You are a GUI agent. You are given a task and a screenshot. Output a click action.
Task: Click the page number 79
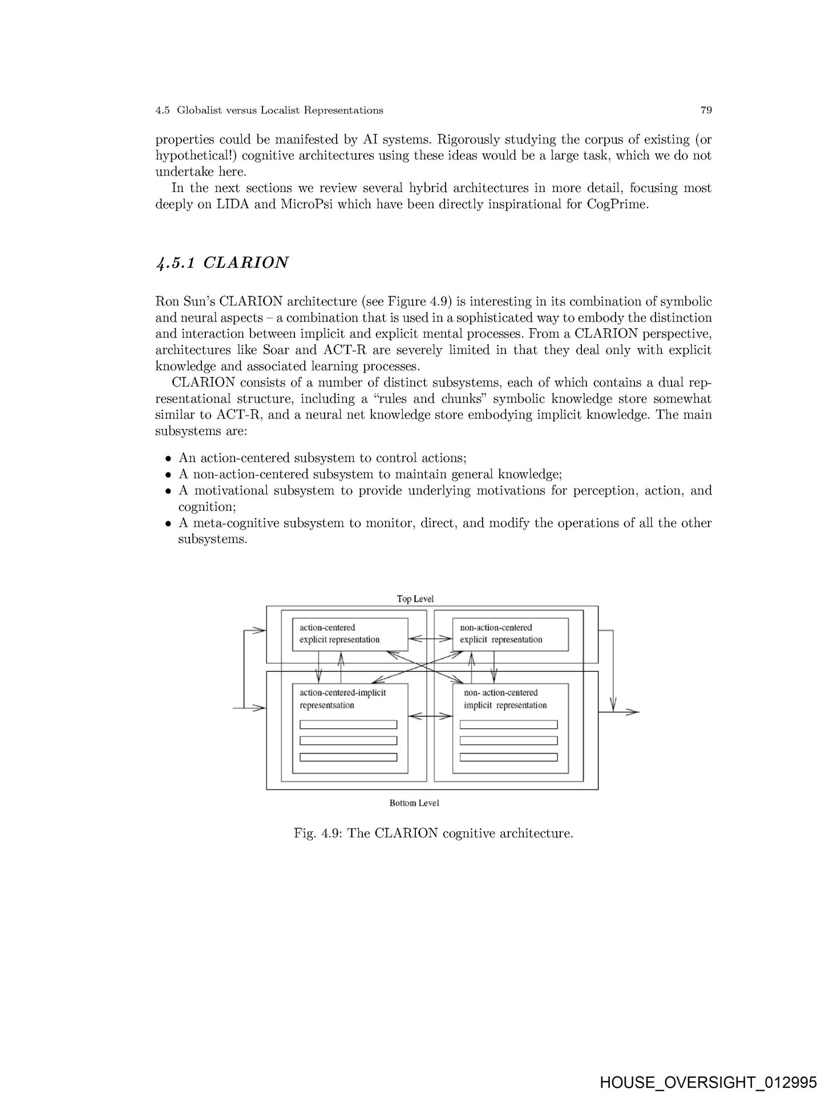pyautogui.click(x=706, y=110)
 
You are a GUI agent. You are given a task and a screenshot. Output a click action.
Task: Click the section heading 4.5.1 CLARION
pyautogui.click(x=222, y=263)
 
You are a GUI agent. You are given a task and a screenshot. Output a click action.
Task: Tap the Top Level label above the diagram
pyautogui.click(x=415, y=599)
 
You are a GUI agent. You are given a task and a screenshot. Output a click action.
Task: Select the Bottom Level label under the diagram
pyautogui.click(x=414, y=803)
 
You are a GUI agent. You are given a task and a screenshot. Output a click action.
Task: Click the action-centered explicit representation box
pyautogui.click(x=350, y=634)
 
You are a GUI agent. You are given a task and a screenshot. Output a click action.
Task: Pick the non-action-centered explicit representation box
pyautogui.click(x=510, y=634)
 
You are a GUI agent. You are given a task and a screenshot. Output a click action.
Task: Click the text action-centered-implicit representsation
pyautogui.click(x=342, y=699)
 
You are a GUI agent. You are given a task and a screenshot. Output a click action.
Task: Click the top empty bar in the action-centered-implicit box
pyautogui.click(x=348, y=725)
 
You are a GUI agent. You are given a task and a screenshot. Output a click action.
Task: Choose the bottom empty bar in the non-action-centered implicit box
pyautogui.click(x=508, y=757)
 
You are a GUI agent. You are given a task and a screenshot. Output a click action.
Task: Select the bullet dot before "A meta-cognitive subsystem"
pyautogui.click(x=168, y=523)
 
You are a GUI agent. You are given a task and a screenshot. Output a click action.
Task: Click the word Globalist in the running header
pyautogui.click(x=199, y=110)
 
